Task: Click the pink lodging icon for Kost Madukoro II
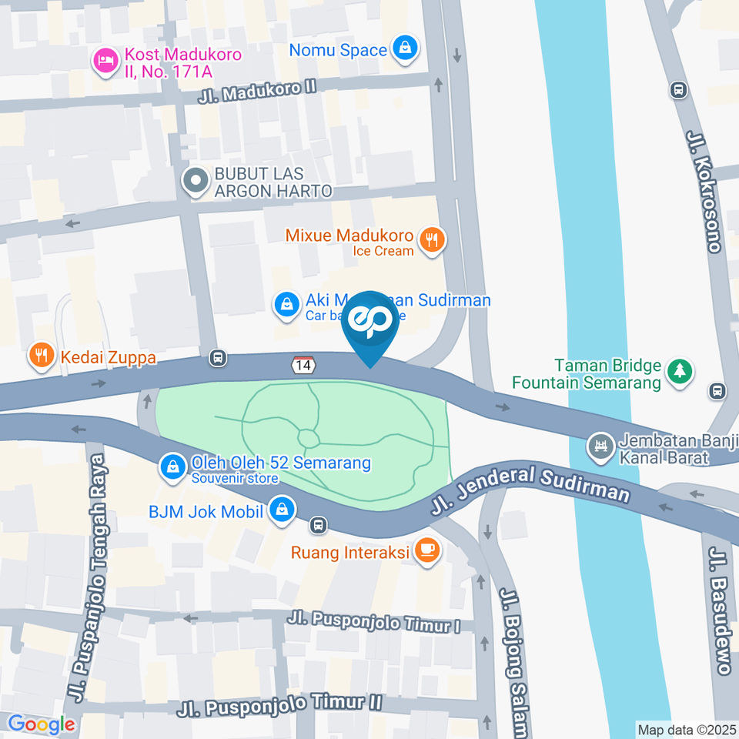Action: [105, 61]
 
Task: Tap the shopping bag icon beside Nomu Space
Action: [403, 49]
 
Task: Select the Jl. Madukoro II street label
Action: [257, 91]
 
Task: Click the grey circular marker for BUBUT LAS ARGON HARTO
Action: [196, 181]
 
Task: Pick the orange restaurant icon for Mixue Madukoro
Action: [433, 240]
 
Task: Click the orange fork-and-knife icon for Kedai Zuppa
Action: [40, 356]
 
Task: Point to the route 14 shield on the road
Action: [303, 364]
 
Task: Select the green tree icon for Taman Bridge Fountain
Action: [680, 372]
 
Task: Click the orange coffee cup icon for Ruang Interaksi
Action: [426, 550]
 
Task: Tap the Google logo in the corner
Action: [41, 724]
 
